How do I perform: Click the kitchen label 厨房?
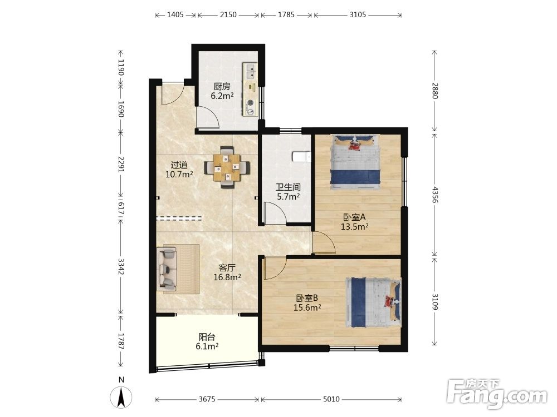(222, 86)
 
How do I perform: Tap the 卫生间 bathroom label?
(289, 187)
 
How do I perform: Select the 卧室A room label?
(354, 217)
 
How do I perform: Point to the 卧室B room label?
(307, 298)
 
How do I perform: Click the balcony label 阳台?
(207, 337)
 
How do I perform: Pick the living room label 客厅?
(227, 267)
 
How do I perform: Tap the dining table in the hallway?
(227, 167)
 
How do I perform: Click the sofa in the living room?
(167, 267)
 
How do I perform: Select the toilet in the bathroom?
(301, 156)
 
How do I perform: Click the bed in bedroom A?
(355, 162)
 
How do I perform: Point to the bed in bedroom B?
(373, 302)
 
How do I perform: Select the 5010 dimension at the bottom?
(331, 399)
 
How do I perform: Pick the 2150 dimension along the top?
(228, 14)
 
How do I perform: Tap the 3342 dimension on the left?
(121, 266)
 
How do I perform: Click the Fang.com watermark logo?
(497, 394)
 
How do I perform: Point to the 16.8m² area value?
(227, 277)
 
